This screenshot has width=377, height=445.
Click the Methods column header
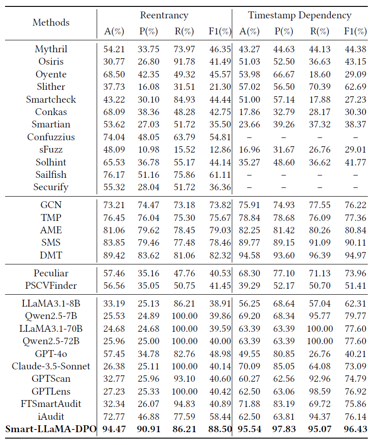pyautogui.click(x=51, y=22)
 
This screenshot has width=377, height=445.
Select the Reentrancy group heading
pyautogui.click(x=164, y=15)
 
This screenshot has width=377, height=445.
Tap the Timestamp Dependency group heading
pyautogui.click(x=300, y=15)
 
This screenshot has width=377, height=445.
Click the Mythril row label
pyautogui.click(x=51, y=49)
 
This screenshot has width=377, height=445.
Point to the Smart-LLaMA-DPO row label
pyautogui.click(x=51, y=429)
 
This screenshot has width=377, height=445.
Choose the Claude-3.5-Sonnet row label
pyautogui.click(x=51, y=366)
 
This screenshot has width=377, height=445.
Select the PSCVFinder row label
pyautogui.click(x=51, y=286)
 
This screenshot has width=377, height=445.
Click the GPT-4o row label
pyautogui.click(x=51, y=353)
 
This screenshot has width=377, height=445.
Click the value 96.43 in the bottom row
pyautogui.click(x=355, y=429)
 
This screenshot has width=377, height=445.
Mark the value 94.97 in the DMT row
pyautogui.click(x=355, y=255)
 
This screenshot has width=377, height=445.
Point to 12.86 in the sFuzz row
pyautogui.click(x=219, y=149)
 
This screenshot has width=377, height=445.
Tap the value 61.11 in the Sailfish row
pyautogui.click(x=219, y=175)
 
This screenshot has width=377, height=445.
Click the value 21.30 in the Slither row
pyautogui.click(x=219, y=87)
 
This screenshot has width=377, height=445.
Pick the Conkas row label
pyautogui.click(x=51, y=112)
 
